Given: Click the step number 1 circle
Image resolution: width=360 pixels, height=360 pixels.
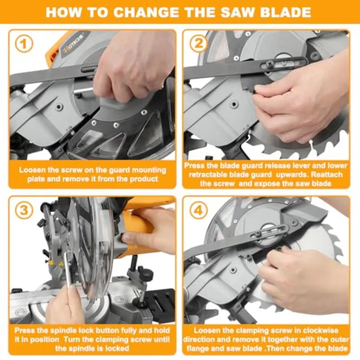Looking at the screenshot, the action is click(x=24, y=44).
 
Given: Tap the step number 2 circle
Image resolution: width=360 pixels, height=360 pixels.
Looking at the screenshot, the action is click(x=198, y=43).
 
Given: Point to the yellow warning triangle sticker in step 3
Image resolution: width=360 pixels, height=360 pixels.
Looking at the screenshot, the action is click(x=61, y=264).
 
